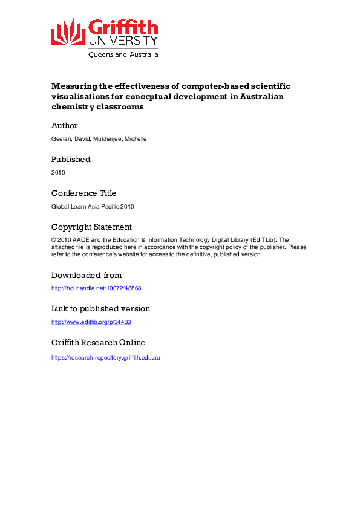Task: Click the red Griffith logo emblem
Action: click(x=68, y=33)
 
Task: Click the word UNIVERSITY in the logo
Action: click(x=123, y=41)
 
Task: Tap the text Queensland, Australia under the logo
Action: click(x=123, y=54)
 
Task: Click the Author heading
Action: click(x=65, y=126)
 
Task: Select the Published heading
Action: click(x=71, y=160)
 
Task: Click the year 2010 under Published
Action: click(x=58, y=173)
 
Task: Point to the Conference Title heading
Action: click(x=83, y=193)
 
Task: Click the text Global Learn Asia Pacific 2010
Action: click(x=93, y=207)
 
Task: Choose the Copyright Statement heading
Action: click(x=91, y=227)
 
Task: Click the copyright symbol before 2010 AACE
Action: click(x=53, y=240)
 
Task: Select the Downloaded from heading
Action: click(x=87, y=276)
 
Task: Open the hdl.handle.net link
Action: click(x=96, y=288)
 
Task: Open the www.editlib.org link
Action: click(x=91, y=322)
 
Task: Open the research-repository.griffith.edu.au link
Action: click(x=105, y=358)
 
